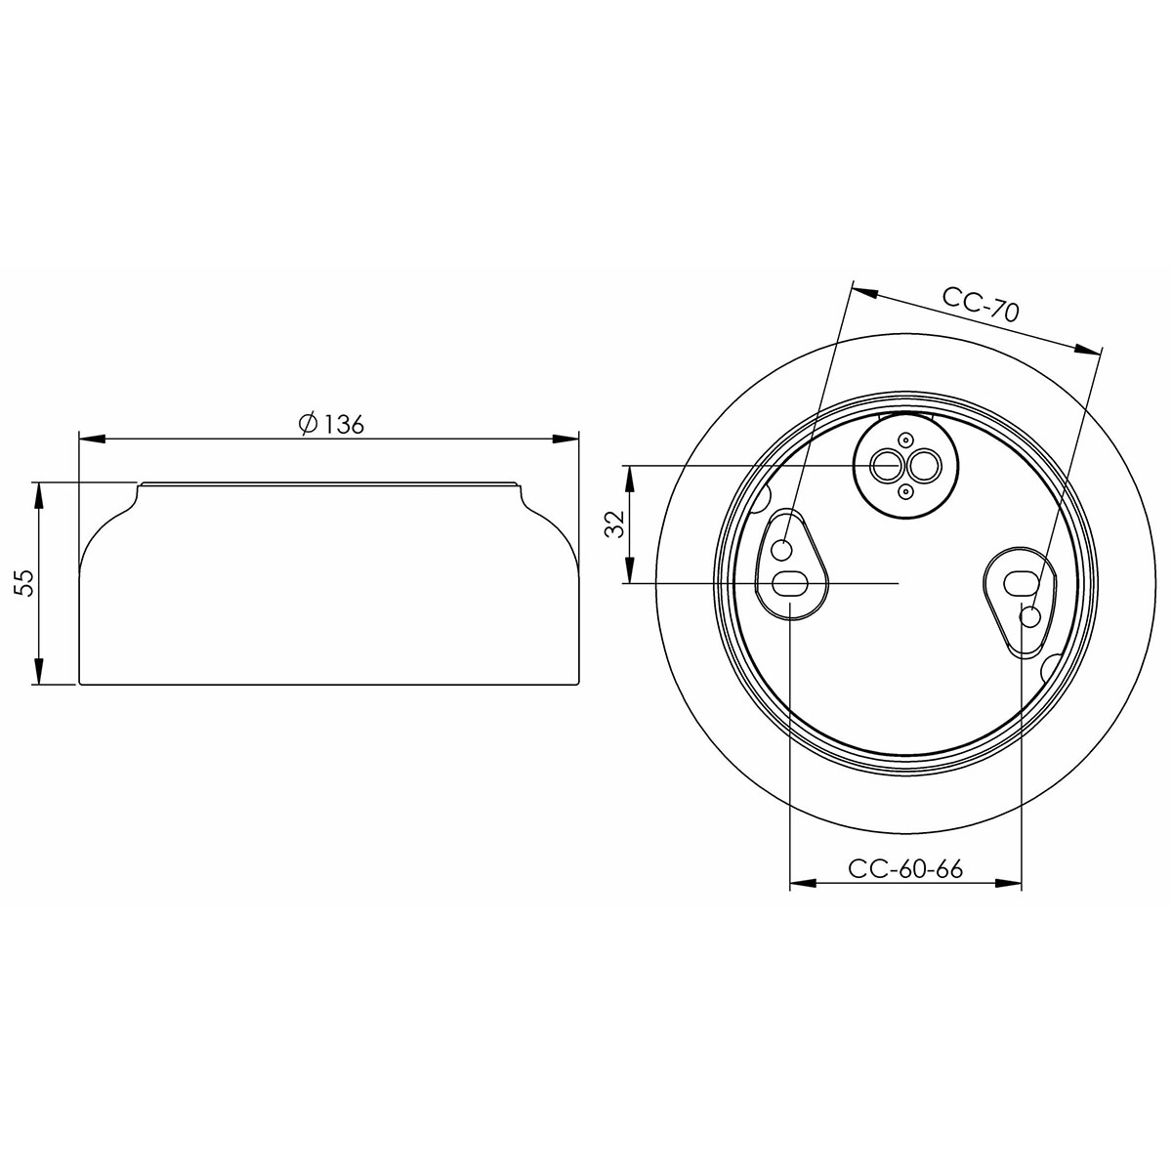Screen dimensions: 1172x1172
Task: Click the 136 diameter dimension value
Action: (x=344, y=425)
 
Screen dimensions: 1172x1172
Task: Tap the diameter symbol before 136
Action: (x=307, y=425)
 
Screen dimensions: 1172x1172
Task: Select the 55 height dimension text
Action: (x=26, y=583)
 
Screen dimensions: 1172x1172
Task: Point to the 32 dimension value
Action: (x=614, y=524)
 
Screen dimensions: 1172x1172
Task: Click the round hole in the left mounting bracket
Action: (x=783, y=550)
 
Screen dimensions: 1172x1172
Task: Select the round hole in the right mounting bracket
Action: (x=1029, y=616)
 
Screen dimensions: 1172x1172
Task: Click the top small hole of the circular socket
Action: (x=905, y=440)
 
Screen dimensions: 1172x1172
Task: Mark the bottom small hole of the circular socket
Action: (x=905, y=489)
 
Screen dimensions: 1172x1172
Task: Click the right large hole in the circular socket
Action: (x=920, y=465)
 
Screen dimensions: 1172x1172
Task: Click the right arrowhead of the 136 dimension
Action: (x=566, y=439)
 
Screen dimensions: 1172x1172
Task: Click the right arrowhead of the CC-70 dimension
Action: (x=1088, y=350)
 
